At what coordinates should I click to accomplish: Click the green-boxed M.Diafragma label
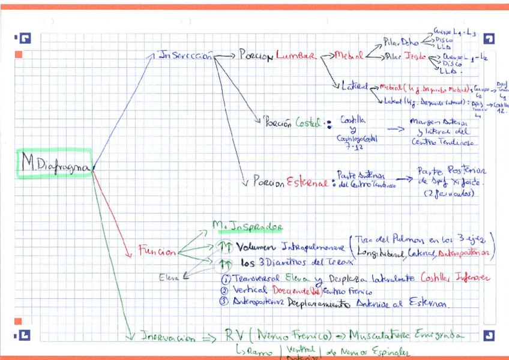[55, 163]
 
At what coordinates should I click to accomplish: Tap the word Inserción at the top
[185, 56]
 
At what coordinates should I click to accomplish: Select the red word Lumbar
[295, 56]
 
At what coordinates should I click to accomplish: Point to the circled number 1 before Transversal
[225, 278]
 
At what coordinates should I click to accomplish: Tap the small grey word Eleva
[169, 277]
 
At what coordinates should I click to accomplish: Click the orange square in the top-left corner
[18, 55]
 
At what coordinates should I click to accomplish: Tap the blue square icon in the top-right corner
[489, 39]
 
